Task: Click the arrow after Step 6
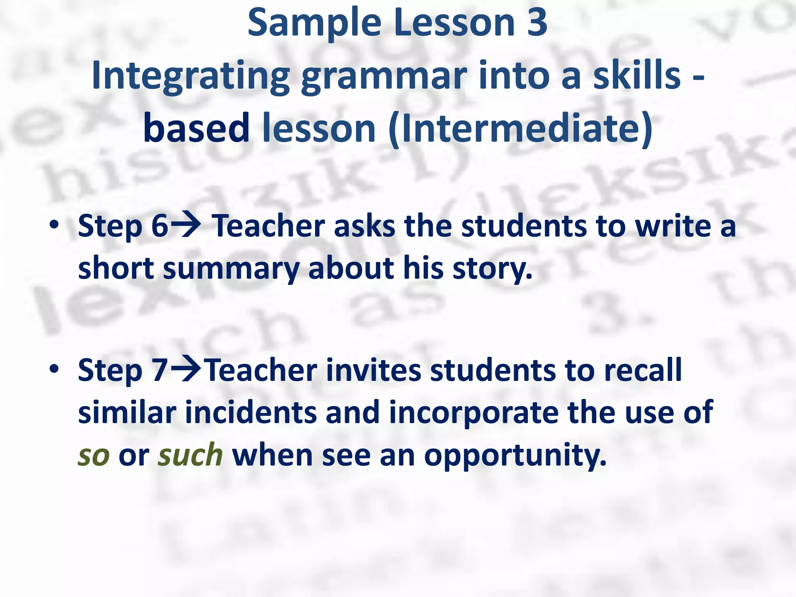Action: [x=186, y=226]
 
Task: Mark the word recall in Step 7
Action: [x=643, y=370]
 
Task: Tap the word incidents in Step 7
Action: [x=251, y=413]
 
